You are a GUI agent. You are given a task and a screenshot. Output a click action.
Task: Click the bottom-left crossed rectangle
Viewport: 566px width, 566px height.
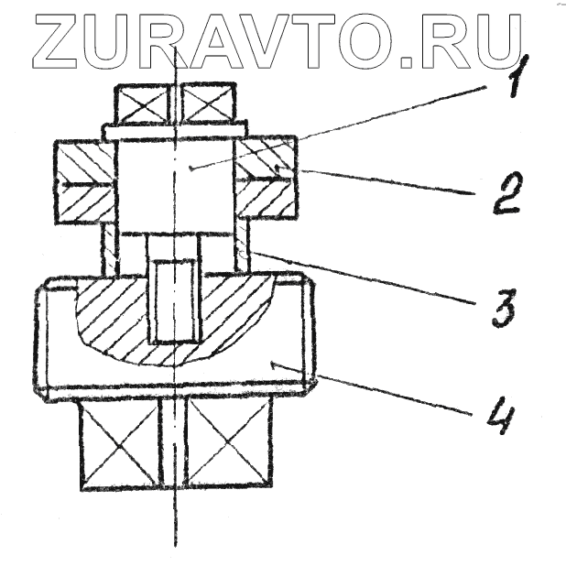click(x=120, y=443)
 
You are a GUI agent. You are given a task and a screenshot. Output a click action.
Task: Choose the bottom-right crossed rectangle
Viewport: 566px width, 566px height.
click(x=225, y=443)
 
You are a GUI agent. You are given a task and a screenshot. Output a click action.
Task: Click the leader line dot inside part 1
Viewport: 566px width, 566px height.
click(x=189, y=169)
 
